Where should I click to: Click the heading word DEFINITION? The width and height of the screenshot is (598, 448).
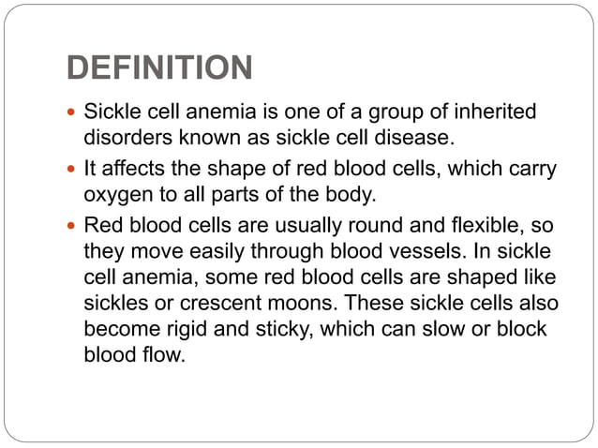(x=159, y=67)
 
